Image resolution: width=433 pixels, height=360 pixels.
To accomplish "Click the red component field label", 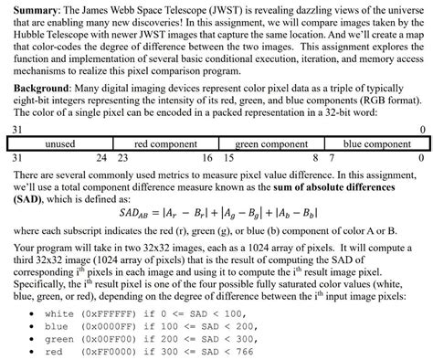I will tap(166, 144).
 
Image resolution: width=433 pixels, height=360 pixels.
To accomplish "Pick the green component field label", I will tap(271, 144).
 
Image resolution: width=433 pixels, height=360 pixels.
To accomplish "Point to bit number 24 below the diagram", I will tap(101, 157).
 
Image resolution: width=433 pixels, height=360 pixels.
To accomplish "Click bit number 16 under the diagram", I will tap(207, 157).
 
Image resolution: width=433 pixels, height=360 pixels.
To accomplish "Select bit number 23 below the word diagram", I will tap(122, 157).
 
